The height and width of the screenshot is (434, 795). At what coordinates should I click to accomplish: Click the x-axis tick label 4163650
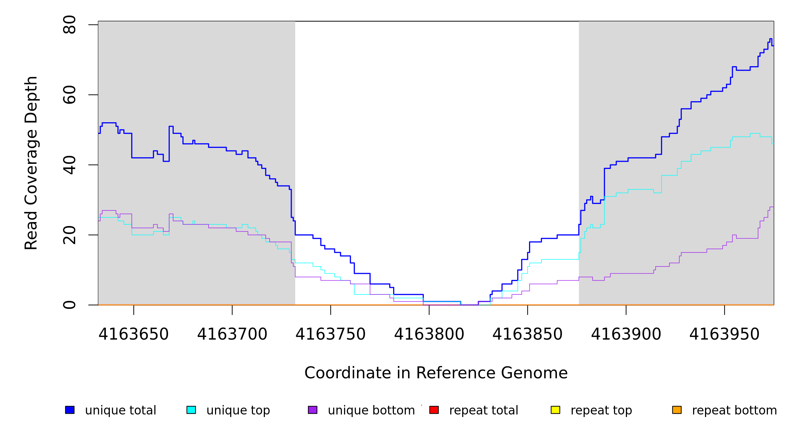[133, 335]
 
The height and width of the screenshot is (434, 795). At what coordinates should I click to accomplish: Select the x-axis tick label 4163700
[232, 335]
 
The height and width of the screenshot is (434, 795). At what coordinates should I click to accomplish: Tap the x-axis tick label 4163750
[330, 335]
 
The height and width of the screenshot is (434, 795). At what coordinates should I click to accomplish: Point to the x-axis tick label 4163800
[429, 335]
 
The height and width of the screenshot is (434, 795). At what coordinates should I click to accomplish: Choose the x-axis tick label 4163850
[527, 335]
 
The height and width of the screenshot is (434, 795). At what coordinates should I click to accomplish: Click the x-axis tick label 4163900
[626, 335]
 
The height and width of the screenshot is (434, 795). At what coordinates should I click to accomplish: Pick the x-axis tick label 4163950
[724, 335]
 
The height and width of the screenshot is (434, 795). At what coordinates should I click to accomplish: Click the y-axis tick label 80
[69, 25]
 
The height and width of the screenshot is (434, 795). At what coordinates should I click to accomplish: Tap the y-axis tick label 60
[69, 95]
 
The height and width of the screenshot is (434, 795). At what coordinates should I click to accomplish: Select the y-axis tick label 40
[69, 165]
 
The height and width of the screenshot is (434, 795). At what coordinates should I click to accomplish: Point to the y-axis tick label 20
[69, 235]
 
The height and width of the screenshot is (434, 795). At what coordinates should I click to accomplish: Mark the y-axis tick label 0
[69, 305]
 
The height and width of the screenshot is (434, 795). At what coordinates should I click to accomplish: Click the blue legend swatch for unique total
[70, 410]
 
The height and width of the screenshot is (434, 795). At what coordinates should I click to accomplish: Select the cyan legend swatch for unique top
[191, 410]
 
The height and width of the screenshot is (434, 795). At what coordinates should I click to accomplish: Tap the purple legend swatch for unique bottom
[313, 410]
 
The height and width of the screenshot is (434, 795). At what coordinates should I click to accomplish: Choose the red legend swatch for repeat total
[434, 410]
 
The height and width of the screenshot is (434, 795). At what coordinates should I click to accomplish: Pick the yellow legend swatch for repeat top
[555, 410]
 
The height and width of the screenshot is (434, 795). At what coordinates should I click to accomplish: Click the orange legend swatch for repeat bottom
[677, 410]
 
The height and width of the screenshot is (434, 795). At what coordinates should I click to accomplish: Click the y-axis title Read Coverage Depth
[31, 163]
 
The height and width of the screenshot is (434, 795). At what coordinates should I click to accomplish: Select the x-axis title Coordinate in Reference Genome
[436, 373]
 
